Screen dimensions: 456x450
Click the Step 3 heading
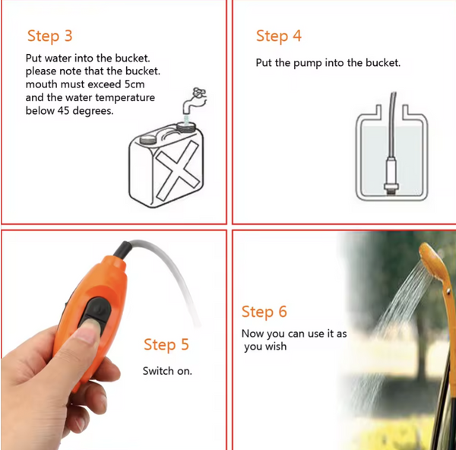(x=49, y=36)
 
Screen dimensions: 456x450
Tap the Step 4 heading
(x=279, y=36)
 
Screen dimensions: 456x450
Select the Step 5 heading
(x=166, y=345)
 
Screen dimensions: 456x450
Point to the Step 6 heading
(x=264, y=312)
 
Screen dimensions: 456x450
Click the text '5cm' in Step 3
(x=135, y=84)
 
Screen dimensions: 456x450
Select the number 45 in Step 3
(x=63, y=110)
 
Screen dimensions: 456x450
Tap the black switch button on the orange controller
(x=96, y=313)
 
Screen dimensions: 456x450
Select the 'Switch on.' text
(x=167, y=371)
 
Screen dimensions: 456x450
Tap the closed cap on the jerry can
(x=150, y=139)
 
